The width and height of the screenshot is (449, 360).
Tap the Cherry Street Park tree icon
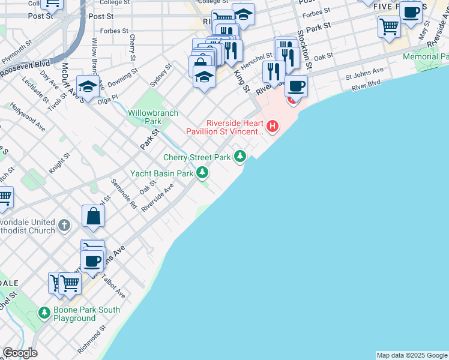pyautogui.click(x=241, y=157)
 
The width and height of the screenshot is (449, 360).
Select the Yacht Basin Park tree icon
pyautogui.click(x=203, y=173)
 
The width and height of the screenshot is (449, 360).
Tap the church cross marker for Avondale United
pyautogui.click(x=65, y=226)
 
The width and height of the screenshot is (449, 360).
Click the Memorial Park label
pyautogui.click(x=426, y=57)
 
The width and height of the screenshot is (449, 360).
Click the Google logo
pyautogui.click(x=20, y=353)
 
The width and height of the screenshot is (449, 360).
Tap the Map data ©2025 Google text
pyautogui.click(x=412, y=355)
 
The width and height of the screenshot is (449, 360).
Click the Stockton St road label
pyautogui.click(x=306, y=50)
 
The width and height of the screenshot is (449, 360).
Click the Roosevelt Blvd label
pyautogui.click(x=25, y=66)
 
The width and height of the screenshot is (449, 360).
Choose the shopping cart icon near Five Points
pyautogui.click(x=389, y=26)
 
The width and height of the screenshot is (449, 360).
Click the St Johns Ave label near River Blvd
pyautogui.click(x=364, y=74)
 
